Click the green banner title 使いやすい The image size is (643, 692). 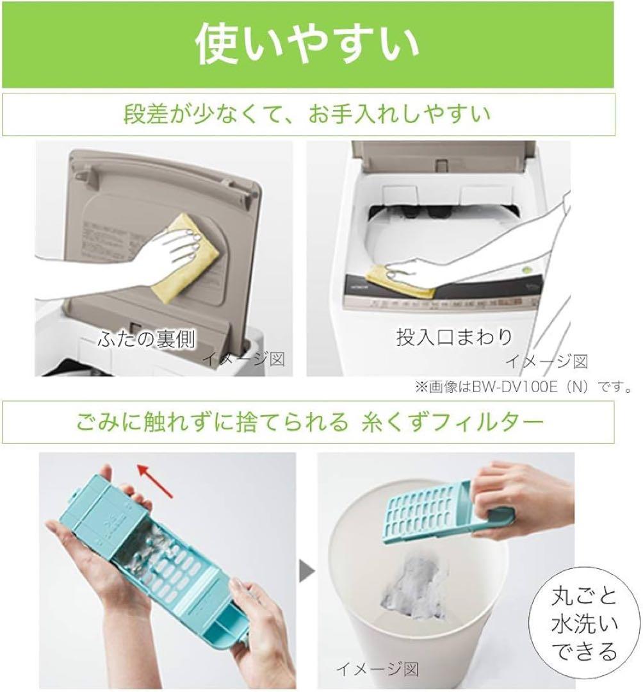point(307,44)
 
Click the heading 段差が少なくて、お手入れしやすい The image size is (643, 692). point(307,115)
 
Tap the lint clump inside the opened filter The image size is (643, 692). point(156,550)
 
